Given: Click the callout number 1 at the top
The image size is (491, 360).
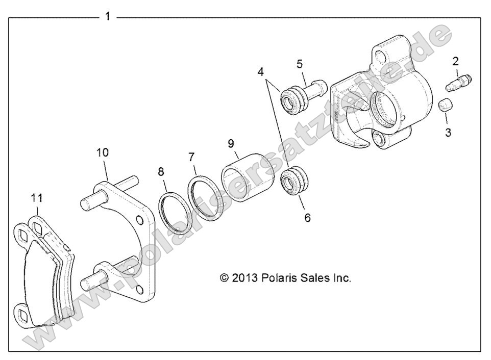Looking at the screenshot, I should tap(107, 16).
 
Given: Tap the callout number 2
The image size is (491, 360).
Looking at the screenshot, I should tap(455, 62).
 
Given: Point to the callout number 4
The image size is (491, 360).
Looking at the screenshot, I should tap(261, 72).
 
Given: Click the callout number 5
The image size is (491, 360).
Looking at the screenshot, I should tap(300, 64).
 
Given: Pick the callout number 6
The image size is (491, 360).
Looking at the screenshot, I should tap(307, 217).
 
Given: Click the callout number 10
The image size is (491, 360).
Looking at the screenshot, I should tap(103, 152).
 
